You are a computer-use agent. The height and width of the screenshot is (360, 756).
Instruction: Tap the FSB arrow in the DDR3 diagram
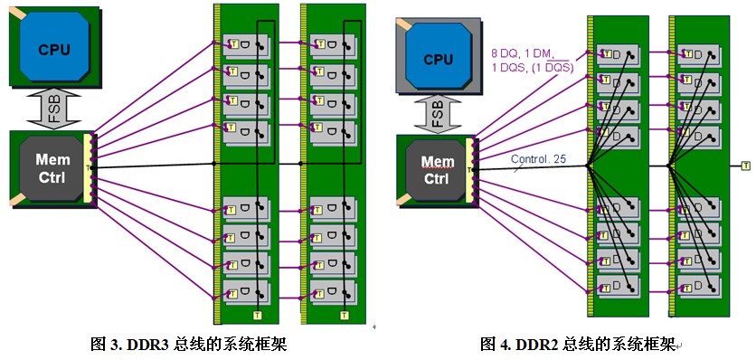(x=54, y=109)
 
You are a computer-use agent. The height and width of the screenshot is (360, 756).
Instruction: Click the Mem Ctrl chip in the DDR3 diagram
(x=52, y=168)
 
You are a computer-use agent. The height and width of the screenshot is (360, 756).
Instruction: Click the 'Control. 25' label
(x=538, y=159)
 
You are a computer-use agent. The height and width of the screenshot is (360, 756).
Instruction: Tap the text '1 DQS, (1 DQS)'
(x=533, y=68)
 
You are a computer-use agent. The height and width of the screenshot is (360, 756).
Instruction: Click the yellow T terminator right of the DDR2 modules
(x=746, y=166)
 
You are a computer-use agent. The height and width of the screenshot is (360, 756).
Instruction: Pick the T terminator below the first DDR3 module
(x=258, y=315)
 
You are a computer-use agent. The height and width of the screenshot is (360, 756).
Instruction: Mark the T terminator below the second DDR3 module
(x=345, y=315)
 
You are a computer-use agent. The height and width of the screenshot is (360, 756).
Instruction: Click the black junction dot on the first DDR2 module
(x=588, y=166)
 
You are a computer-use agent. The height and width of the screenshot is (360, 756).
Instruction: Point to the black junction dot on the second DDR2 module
(x=668, y=166)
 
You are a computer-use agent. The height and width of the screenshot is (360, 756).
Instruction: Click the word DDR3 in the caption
(x=143, y=345)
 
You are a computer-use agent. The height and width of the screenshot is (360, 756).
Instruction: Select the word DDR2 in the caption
(x=533, y=345)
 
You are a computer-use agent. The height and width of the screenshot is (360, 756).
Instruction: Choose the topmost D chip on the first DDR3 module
(x=246, y=45)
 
